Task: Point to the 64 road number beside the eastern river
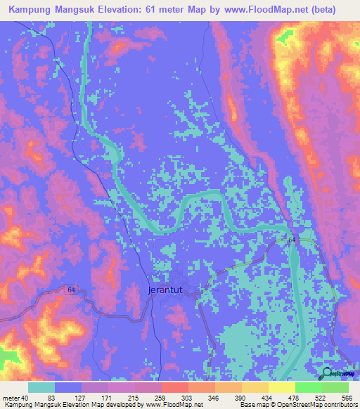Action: coord(292,240)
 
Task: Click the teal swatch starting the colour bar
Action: coord(41,388)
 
